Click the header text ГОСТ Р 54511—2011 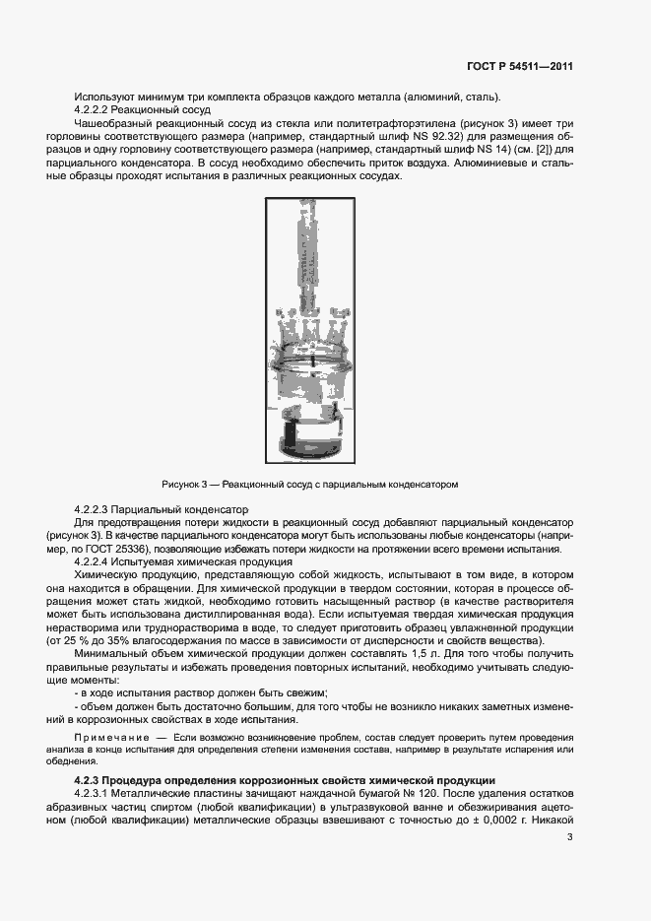(519, 66)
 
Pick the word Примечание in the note (111, 737)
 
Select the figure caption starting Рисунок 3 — (310, 484)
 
